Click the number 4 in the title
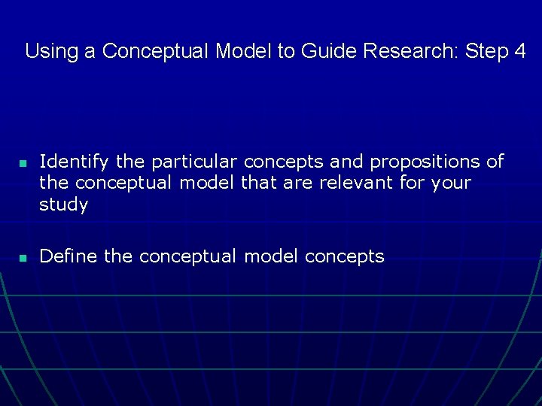click(x=519, y=51)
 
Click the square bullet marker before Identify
click(x=23, y=163)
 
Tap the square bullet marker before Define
click(x=23, y=258)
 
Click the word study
click(x=63, y=205)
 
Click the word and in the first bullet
click(x=348, y=162)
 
